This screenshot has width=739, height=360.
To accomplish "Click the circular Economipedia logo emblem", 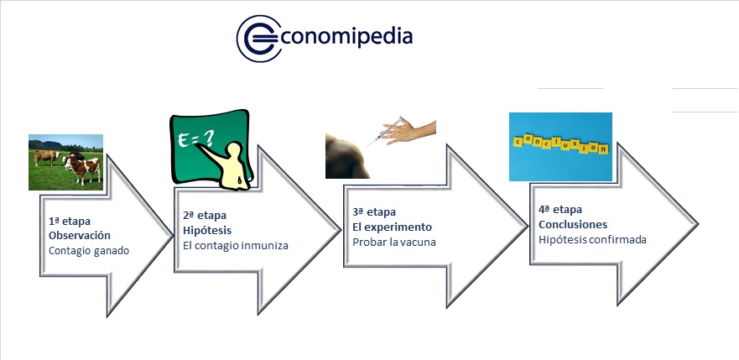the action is tap(258, 38).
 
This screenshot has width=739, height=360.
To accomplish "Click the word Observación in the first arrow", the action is tap(80, 236).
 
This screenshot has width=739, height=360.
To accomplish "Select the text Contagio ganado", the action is tap(89, 251).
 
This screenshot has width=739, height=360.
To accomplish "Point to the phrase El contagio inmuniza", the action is tap(235, 246).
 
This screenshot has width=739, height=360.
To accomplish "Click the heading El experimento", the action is tap(392, 227).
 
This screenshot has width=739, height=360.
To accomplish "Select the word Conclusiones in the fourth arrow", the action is tap(573, 224).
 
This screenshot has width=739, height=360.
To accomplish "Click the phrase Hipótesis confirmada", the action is tap(592, 239).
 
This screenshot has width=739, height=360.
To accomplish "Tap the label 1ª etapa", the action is tap(70, 221).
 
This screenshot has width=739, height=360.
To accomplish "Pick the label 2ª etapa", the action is tap(205, 216).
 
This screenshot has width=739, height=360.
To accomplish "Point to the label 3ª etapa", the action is tap(374, 212).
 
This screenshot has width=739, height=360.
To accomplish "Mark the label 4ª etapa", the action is tap(560, 209).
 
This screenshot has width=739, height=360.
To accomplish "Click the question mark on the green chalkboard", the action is tap(208, 138).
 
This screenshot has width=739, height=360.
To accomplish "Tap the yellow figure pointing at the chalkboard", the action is tap(231, 165).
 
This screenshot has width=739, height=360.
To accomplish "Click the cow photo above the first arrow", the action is tap(65, 162).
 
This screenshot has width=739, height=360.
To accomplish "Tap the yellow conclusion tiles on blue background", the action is tap(560, 143).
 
